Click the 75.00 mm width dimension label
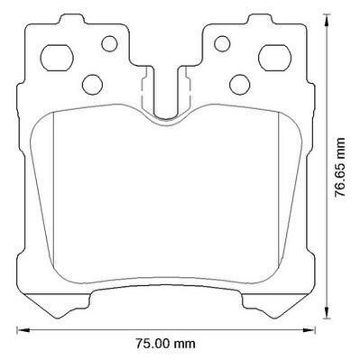pyautogui.click(x=165, y=344)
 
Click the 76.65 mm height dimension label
pyautogui.click(x=340, y=167)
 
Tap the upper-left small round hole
pyautogui.click(x=109, y=43)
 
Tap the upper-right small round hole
pyautogui.click(x=222, y=43)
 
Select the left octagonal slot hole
pyautogui.click(x=57, y=58)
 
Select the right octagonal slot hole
pyautogui.click(x=275, y=58)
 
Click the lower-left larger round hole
pyautogui.click(x=92, y=85)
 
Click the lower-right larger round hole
pyautogui.click(x=240, y=85)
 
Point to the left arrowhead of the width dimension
pyautogui.click(x=23, y=330)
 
